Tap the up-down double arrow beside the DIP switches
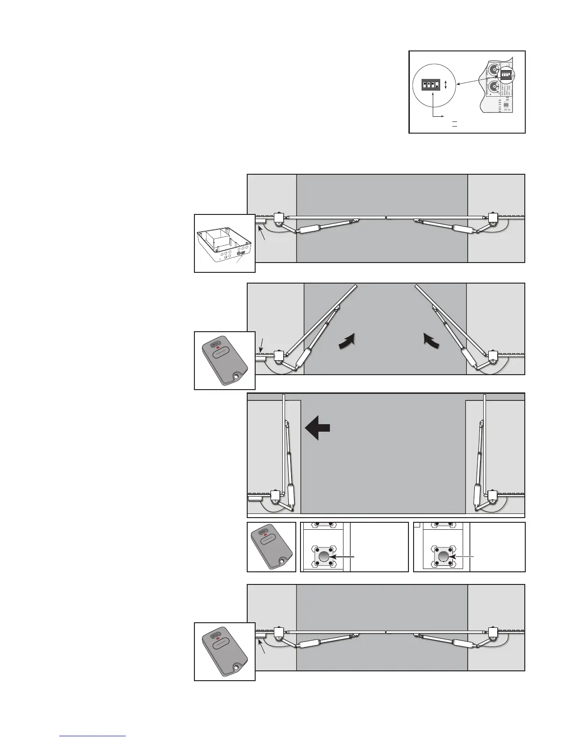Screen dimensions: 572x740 pos(446,85)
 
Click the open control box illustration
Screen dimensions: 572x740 pos(225,243)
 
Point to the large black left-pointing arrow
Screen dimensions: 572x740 pos(318,428)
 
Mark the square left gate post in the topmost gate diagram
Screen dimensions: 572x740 pos(279,218)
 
